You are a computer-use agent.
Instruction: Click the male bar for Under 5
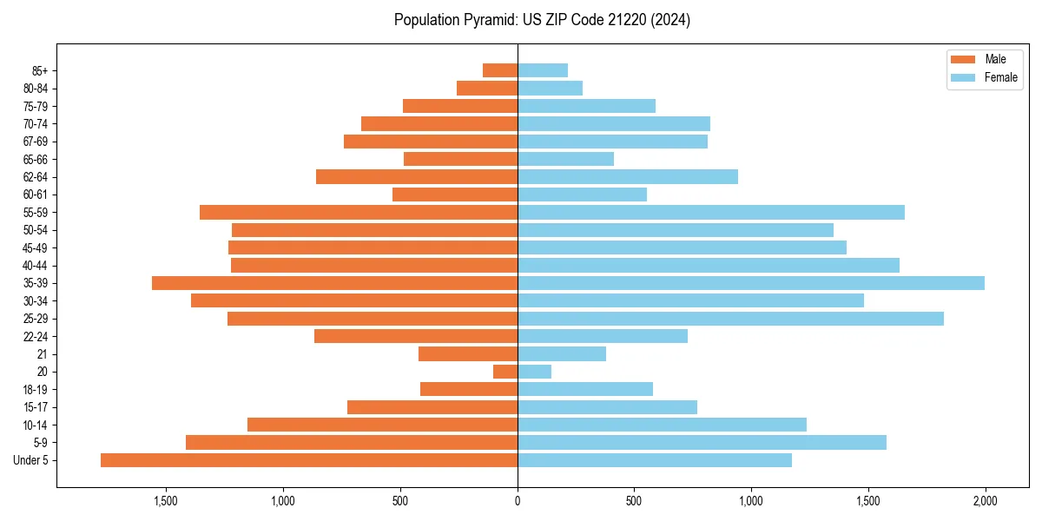point(308,460)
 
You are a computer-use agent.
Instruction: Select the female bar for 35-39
point(751,283)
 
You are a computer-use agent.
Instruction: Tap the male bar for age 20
point(505,372)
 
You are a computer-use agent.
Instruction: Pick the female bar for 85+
point(543,70)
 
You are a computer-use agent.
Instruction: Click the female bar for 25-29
point(730,319)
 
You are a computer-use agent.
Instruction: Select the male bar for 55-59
point(359,213)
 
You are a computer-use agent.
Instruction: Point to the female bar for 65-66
point(565,159)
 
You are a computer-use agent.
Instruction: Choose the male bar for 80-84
point(487,89)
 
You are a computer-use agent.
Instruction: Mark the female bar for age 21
point(562,354)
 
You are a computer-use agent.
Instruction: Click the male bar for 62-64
point(417,177)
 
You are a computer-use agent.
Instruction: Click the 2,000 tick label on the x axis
point(985,501)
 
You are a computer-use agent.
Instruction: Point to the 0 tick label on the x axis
point(518,501)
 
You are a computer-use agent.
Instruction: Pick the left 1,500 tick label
point(166,501)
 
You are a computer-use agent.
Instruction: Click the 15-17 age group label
point(35,407)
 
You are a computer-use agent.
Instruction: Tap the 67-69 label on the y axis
point(35,142)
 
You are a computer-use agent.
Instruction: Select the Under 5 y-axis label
point(31,460)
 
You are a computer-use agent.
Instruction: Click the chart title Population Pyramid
point(542,20)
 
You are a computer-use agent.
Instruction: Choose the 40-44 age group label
point(35,266)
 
